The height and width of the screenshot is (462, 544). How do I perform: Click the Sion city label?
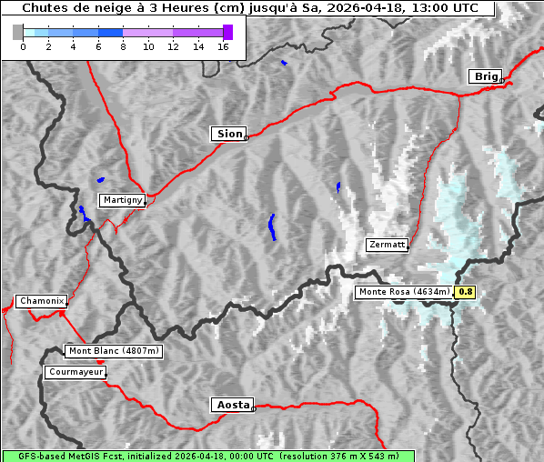[x=229, y=134]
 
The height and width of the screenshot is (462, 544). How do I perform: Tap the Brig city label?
[x=485, y=76]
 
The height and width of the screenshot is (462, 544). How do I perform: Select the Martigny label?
[x=122, y=200]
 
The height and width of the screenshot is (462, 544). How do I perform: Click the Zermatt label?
[x=387, y=245]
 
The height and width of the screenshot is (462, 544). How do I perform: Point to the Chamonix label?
[x=41, y=301]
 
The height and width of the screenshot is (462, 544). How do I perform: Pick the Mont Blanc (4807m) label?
[x=114, y=350]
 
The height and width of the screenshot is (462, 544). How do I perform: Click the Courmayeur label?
[x=76, y=372]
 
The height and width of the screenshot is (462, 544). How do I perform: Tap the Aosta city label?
[x=231, y=405]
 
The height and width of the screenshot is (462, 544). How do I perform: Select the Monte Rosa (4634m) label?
[x=403, y=292]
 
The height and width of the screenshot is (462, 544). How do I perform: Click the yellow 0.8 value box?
[x=465, y=292]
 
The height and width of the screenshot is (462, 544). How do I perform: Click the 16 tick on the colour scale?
[x=223, y=46]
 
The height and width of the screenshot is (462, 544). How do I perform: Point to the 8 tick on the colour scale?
[x=123, y=46]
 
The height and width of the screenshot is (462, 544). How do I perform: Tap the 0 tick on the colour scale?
[x=23, y=46]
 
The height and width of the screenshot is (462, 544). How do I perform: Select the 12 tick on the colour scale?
[x=173, y=46]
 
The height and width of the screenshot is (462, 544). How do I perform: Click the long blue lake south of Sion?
[x=272, y=226]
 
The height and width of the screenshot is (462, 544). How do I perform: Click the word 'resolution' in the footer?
[x=308, y=456]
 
